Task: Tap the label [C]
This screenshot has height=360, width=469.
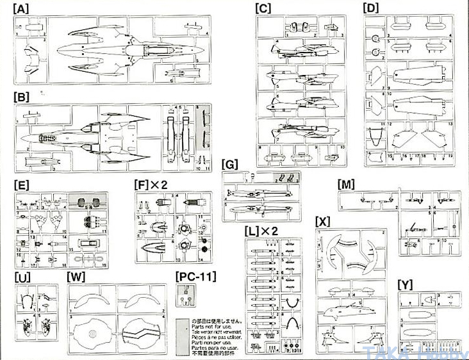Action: pyautogui.click(x=262, y=8)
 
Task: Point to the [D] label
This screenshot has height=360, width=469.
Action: pyautogui.click(x=370, y=8)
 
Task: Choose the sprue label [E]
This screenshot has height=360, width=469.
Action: pyautogui.click(x=21, y=185)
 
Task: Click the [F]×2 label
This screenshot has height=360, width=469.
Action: pyautogui.click(x=151, y=184)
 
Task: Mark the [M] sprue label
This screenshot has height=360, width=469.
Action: pyautogui.click(x=346, y=184)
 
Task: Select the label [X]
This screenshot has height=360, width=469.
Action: pyautogui.click(x=323, y=221)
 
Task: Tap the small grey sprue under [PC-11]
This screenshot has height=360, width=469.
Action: pyautogui.click(x=185, y=297)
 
